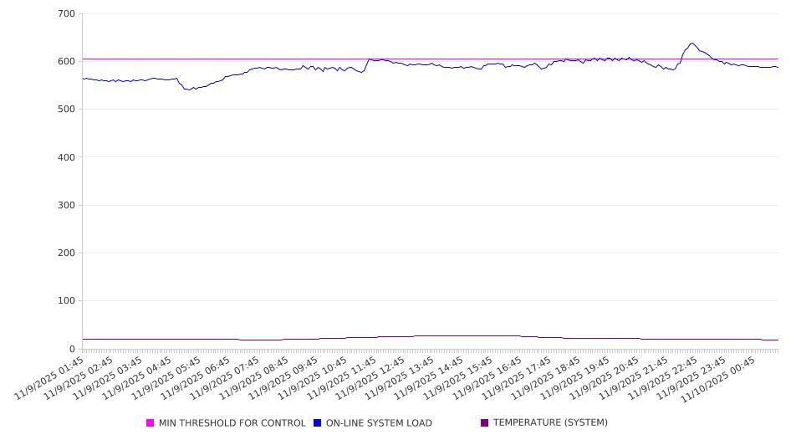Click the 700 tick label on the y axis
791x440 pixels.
67,14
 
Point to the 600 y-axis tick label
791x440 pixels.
67,62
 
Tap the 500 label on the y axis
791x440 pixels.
67,110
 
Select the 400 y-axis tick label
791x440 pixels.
67,157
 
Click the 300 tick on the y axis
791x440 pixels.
67,206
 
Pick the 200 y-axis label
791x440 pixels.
67,253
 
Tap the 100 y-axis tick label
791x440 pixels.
67,301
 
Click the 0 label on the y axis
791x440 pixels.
73,349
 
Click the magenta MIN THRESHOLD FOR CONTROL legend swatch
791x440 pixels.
151,423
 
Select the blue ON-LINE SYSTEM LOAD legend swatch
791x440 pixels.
318,423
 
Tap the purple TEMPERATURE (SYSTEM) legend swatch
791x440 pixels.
485,423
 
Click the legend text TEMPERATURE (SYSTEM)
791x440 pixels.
550,423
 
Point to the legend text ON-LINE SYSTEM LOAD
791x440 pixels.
379,423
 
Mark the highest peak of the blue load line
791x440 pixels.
692,43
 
